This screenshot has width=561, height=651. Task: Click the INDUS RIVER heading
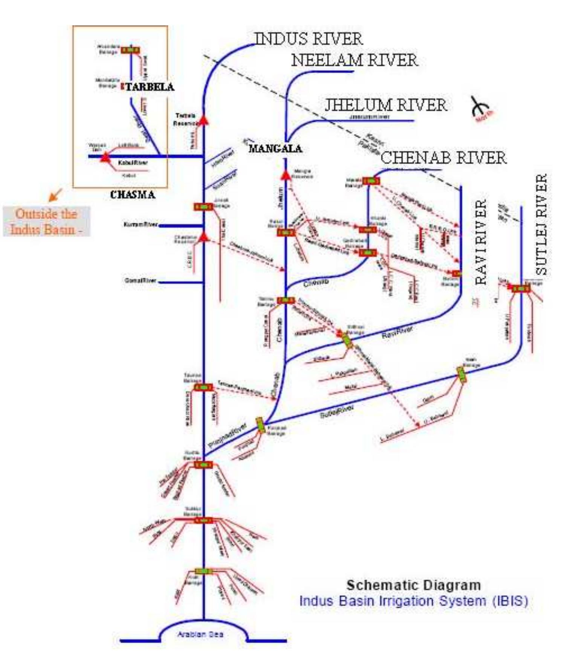click(308, 39)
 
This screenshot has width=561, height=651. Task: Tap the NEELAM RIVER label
click(354, 60)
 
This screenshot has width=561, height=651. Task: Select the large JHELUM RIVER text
click(385, 105)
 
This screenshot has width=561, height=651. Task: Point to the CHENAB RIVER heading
click(443, 158)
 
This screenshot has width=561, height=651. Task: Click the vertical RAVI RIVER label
click(481, 242)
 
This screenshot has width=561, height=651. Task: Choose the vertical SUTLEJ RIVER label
click(541, 224)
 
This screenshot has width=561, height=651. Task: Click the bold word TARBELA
click(150, 87)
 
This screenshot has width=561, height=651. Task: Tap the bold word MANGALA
click(275, 149)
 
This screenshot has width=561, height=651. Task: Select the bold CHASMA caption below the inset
click(132, 195)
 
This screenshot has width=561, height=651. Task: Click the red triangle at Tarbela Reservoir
click(203, 120)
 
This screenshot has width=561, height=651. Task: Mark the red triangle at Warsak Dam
click(105, 157)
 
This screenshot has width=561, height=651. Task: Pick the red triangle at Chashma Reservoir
click(203, 236)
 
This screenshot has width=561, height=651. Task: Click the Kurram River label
click(141, 225)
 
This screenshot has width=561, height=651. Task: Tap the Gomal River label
click(140, 280)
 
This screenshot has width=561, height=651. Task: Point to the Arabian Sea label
click(200, 634)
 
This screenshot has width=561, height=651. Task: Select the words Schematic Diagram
click(413, 585)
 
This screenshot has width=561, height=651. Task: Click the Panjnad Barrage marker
click(261, 425)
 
